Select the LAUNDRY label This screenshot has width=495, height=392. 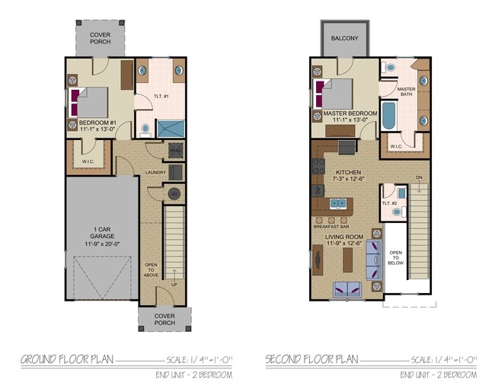[155, 173]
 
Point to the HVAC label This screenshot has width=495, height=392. [175, 150]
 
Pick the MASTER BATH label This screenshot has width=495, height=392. [405, 91]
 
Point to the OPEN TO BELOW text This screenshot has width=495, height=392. [396, 257]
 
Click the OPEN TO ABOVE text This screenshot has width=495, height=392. [152, 269]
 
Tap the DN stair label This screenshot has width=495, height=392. [418, 178]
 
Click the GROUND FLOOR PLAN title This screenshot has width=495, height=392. [67, 359]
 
